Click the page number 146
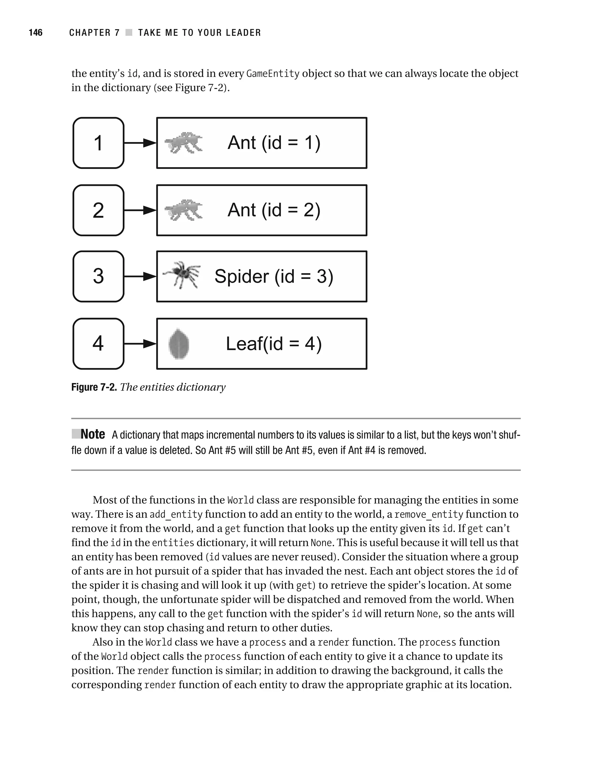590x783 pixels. coord(35,33)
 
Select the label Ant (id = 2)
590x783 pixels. coord(274,210)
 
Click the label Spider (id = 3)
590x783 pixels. coord(274,276)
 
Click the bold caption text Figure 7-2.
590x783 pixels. coord(94,387)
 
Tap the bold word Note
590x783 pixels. coord(93,434)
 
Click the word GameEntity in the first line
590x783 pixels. coord(273,73)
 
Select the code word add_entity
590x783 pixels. coord(176,514)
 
